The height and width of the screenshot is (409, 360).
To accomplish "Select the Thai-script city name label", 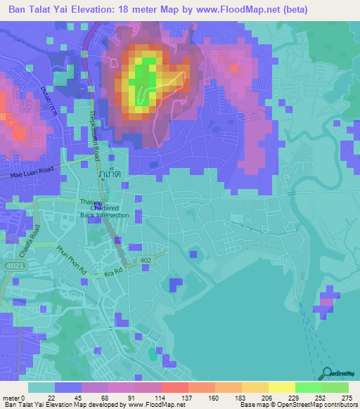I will tap(107, 173).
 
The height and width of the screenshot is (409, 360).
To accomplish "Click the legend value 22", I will tap(51, 397).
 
